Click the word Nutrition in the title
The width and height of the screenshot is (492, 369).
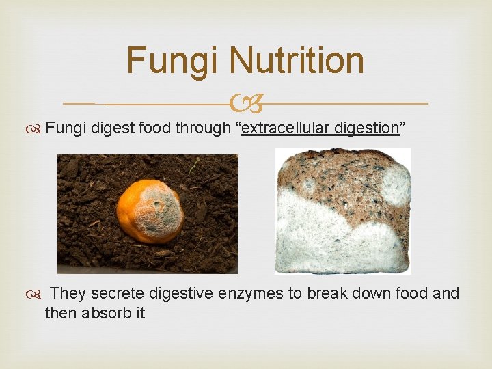click(297, 60)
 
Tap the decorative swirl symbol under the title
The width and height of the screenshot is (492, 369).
click(245, 105)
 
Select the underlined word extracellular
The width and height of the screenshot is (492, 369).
click(286, 128)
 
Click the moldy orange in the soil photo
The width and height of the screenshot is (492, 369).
click(150, 211)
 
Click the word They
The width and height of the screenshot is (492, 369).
click(68, 294)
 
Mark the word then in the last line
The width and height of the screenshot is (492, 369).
click(59, 314)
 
